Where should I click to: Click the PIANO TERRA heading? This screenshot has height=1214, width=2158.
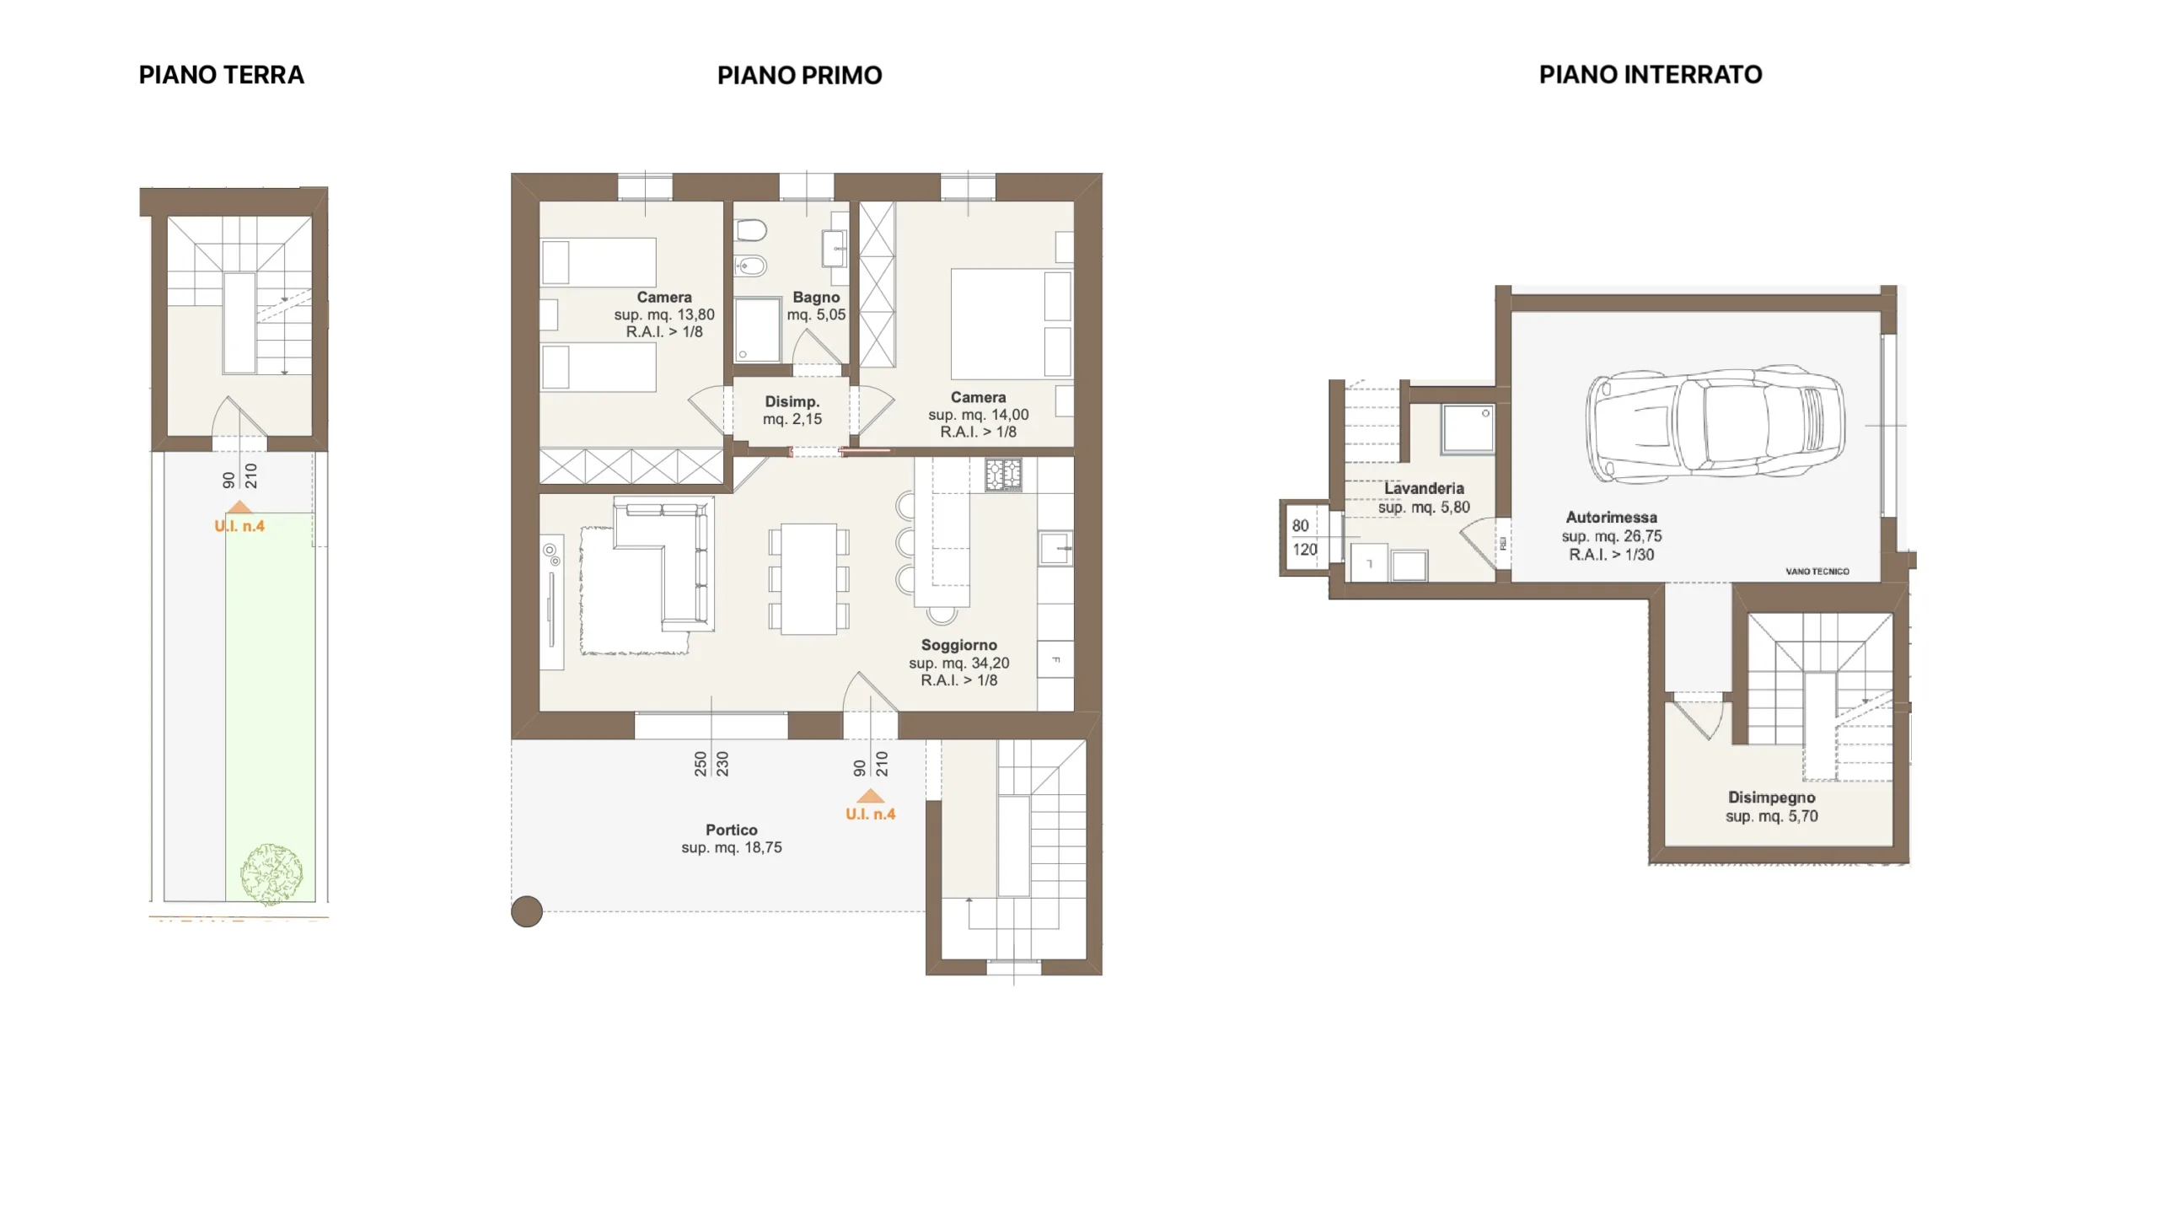(x=221, y=75)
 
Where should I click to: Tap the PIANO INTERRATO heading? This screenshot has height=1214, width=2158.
(x=1650, y=75)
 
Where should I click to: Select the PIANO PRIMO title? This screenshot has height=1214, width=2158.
(x=799, y=76)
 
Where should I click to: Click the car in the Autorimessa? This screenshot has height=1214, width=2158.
(x=1715, y=424)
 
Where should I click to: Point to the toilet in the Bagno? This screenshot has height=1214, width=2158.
(x=750, y=230)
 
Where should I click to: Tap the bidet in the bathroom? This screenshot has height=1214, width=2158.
(x=750, y=266)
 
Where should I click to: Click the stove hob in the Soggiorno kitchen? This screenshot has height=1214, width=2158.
(x=1003, y=475)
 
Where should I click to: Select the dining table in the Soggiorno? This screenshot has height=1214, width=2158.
(x=808, y=578)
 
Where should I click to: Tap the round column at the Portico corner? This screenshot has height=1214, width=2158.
(x=527, y=911)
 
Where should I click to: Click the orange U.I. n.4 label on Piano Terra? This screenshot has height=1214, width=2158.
(x=239, y=526)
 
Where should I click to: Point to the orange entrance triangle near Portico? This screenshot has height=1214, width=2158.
(x=871, y=795)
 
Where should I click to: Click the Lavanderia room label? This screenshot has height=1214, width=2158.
(x=1424, y=488)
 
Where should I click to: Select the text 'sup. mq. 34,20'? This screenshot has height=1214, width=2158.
(x=959, y=663)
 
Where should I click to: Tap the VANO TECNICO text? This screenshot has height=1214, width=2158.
(x=1817, y=572)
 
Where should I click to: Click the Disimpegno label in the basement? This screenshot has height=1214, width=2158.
(x=1772, y=798)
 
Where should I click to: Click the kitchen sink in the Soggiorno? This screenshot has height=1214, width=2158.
(x=1055, y=548)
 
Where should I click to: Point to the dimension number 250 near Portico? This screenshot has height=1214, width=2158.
(x=701, y=764)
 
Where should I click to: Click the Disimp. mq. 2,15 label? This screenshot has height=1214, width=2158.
(x=792, y=411)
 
